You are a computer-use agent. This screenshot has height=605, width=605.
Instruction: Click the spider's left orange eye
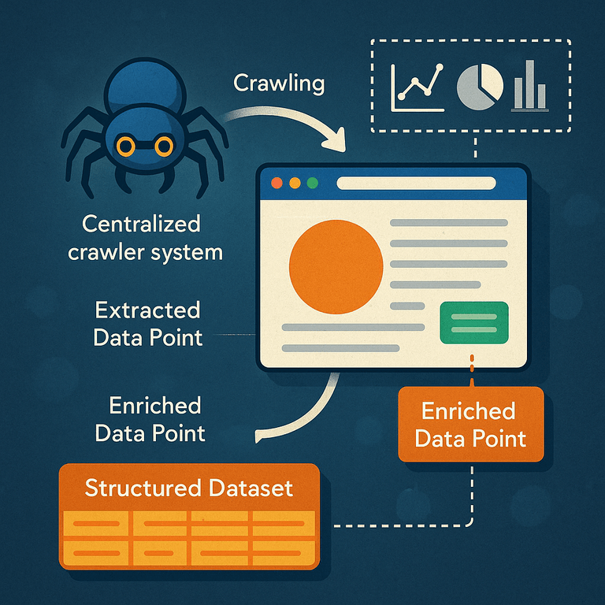(126, 147)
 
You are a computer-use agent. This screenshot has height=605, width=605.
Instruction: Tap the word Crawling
(279, 84)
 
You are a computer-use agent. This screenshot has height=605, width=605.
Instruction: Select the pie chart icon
(480, 87)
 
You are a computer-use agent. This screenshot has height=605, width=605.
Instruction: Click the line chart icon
(417, 88)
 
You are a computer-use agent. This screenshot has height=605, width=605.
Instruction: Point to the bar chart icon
(529, 86)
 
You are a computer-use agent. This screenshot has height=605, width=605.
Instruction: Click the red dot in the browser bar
(277, 183)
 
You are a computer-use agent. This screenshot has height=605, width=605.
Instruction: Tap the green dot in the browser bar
(312, 183)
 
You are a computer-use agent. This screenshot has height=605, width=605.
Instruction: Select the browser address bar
(416, 184)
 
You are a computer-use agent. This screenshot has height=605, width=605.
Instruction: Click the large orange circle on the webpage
(336, 266)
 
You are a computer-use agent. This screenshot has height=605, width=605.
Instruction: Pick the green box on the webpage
(474, 322)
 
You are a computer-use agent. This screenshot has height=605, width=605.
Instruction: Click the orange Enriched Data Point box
(471, 424)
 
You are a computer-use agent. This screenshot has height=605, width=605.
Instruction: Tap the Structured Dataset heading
(189, 488)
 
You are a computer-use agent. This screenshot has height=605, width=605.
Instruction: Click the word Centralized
(141, 224)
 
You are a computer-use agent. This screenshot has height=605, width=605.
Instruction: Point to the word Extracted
(148, 310)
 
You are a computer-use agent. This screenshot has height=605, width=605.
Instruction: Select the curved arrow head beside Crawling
(336, 139)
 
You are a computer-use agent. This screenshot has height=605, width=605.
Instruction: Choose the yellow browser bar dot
(295, 183)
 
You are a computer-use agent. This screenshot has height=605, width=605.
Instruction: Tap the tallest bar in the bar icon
(529, 84)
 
